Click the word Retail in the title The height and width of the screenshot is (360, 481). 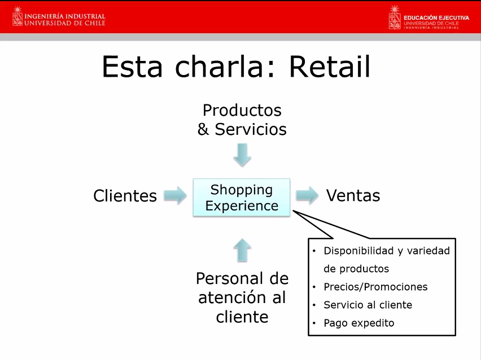tap(330, 67)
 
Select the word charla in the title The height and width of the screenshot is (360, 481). tap(219, 67)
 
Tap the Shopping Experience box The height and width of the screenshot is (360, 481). tap(242, 197)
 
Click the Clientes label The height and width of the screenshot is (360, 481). tap(125, 196)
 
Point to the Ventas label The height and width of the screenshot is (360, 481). tap(353, 195)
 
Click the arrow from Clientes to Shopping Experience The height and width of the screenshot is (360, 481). tap(175, 195)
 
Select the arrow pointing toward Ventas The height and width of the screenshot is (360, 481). tap(307, 195)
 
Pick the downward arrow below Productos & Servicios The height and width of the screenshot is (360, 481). tap(242, 155)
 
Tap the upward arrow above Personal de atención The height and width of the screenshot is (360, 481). tap(242, 250)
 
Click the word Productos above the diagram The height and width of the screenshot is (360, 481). tap(242, 111)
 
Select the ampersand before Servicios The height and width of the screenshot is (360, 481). tap(203, 129)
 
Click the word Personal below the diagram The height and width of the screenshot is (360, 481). tap(229, 278)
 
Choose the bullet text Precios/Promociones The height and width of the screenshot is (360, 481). tap(375, 287)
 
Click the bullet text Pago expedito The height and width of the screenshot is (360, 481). tap(359, 323)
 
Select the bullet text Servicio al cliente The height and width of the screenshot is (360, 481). tap(368, 305)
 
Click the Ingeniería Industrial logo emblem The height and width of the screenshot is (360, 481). tap(18, 16)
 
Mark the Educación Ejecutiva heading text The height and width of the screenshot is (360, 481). tap(436, 18)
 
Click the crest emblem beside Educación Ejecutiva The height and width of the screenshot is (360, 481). tap(395, 17)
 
